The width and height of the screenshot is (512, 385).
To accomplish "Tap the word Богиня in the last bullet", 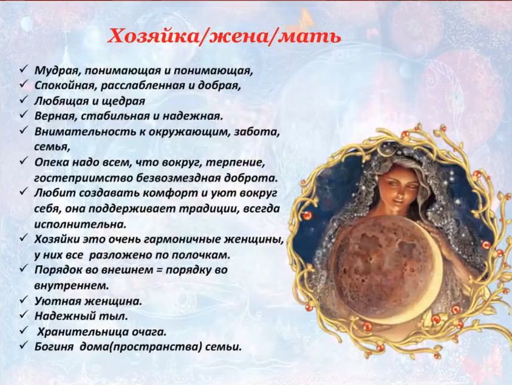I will (53, 347).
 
